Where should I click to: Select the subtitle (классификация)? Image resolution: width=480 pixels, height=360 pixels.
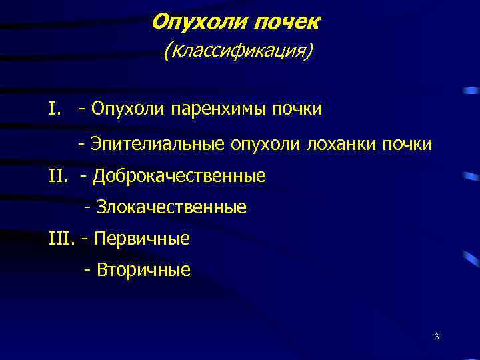(x=237, y=51)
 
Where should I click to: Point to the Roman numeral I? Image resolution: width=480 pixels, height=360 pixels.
(x=53, y=108)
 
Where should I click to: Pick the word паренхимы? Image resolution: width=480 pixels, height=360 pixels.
(x=218, y=108)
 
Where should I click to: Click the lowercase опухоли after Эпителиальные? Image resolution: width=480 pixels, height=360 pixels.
(x=265, y=143)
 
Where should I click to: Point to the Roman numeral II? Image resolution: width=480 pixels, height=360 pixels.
(x=58, y=177)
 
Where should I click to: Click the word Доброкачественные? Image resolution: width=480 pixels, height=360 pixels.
(x=179, y=177)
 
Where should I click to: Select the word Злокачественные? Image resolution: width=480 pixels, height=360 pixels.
(x=172, y=208)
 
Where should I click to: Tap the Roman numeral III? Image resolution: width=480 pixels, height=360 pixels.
(x=61, y=239)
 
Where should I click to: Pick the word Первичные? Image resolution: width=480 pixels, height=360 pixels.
(x=143, y=239)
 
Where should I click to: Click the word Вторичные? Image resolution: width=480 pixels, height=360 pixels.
(x=143, y=270)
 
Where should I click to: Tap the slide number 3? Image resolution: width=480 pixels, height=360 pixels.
(x=436, y=336)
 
